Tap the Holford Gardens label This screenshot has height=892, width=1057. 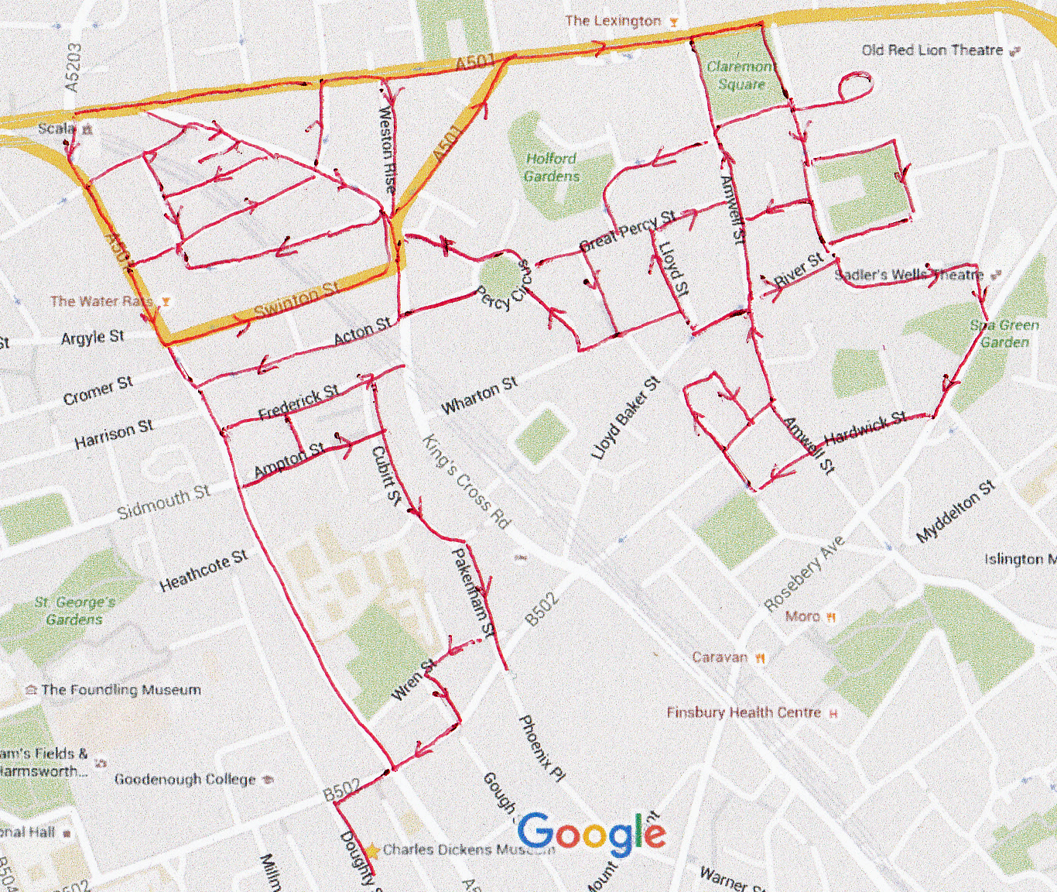[x=551, y=167]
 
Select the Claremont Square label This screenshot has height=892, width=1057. [x=740, y=75]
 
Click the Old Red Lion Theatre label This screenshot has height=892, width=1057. [x=932, y=50]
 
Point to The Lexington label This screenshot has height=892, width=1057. [x=613, y=21]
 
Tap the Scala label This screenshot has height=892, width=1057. [x=57, y=128]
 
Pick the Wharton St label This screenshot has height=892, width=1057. [x=479, y=395]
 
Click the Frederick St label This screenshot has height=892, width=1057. [x=298, y=402]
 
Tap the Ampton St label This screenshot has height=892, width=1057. [x=289, y=459]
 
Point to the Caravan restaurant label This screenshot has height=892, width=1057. [x=720, y=657]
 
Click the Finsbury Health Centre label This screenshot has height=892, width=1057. [x=744, y=712]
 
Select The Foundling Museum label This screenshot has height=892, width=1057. [x=121, y=690]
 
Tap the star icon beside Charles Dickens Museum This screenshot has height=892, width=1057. [x=372, y=851]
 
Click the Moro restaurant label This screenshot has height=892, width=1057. [x=802, y=616]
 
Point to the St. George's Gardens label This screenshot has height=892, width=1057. [x=74, y=610]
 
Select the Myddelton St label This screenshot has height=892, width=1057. [x=955, y=512]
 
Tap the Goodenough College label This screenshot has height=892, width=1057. [x=185, y=779]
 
